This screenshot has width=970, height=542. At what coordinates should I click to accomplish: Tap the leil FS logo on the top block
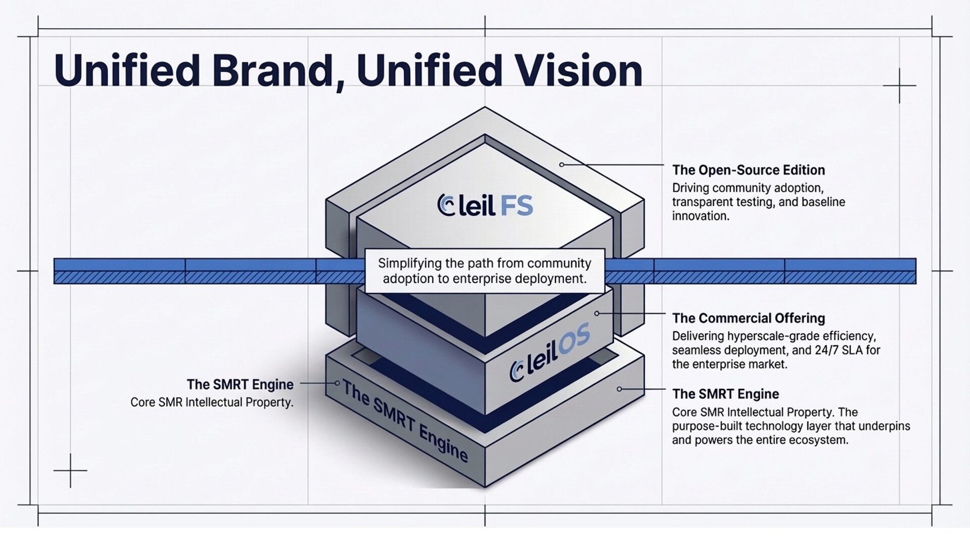point(485,205)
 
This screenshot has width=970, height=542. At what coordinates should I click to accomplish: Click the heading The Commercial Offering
point(748,318)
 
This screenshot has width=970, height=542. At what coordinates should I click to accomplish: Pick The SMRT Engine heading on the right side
point(725,394)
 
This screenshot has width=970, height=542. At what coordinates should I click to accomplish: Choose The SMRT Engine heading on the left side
point(240,384)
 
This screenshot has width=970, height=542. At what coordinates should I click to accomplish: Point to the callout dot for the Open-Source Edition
point(561,165)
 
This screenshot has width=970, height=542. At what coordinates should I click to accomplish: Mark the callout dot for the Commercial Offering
point(597,313)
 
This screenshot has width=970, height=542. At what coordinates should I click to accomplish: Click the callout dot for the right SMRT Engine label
point(619,389)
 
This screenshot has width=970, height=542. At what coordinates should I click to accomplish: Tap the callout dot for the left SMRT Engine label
point(337,383)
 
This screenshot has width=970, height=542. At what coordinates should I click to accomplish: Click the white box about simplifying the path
point(484,271)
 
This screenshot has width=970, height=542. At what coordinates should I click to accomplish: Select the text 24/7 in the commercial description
point(828,350)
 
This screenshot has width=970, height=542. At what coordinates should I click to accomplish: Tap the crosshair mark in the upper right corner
point(899,86)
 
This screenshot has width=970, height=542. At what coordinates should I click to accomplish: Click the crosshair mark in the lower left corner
point(70,471)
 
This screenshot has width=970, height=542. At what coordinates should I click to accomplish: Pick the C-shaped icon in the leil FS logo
point(446,205)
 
